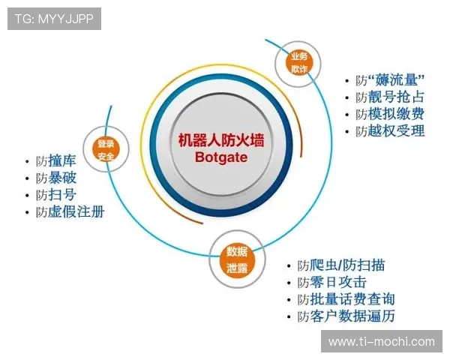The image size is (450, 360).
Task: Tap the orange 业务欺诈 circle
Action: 298,62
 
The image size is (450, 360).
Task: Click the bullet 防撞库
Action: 55,161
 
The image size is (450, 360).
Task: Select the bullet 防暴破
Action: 55,178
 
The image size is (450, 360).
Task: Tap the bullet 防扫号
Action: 55,195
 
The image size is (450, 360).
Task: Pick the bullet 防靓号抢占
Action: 389,97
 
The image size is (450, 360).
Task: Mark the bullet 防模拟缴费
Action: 389,114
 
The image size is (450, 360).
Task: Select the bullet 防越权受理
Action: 389,131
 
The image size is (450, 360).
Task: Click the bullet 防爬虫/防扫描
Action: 341,265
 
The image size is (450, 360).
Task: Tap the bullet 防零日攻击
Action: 331,282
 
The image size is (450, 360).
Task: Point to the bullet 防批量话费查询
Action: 346,299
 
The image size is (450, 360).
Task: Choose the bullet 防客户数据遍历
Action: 346,316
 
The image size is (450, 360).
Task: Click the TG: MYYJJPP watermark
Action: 54,19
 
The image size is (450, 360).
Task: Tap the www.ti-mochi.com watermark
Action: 382,342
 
